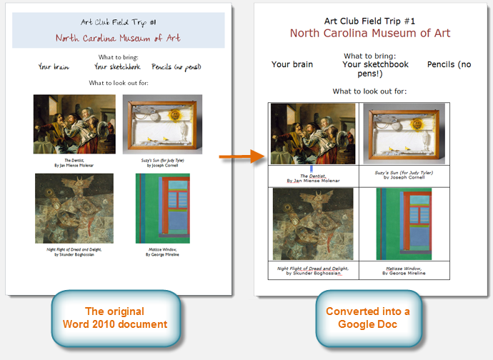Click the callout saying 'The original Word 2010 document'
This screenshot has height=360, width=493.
114,318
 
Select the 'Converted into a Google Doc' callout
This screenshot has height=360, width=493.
369,318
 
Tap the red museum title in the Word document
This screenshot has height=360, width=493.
119,38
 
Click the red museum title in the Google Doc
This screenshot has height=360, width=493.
370,33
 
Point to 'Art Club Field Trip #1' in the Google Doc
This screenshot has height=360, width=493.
370,21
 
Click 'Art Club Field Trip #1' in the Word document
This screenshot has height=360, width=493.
119,23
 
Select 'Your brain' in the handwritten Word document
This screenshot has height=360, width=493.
54,67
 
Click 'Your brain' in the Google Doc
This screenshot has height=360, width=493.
292,64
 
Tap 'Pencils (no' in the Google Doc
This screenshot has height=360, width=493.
449,64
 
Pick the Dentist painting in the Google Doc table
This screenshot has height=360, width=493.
313,134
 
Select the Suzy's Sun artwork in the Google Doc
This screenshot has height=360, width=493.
404,134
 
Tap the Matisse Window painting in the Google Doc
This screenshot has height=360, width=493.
404,223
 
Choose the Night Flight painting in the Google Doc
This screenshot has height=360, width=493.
313,223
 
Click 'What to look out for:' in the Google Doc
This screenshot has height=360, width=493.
370,91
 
